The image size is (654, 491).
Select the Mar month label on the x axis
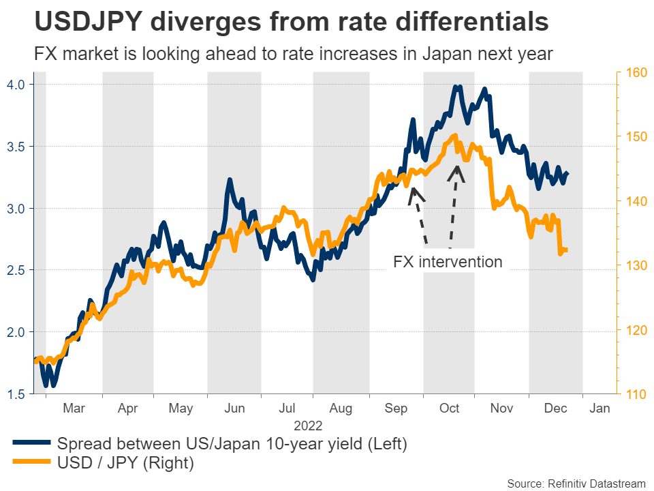tap(74, 408)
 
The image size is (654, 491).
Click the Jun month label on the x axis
tap(234, 408)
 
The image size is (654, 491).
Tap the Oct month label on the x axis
tap(449, 408)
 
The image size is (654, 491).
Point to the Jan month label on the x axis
tap(599, 408)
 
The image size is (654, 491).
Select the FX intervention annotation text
tap(448, 262)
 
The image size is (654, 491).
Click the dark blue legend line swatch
tap(31, 444)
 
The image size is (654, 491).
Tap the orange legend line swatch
tap(31, 464)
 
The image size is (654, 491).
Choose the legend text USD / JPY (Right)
tap(126, 464)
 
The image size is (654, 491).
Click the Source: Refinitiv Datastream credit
tap(576, 483)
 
